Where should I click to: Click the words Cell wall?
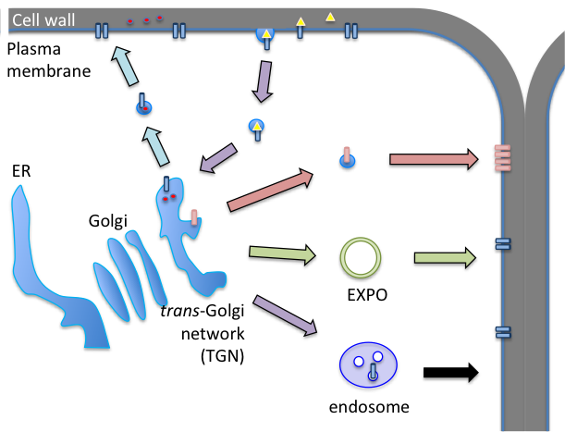click(43, 20)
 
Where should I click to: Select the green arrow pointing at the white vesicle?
click(280, 253)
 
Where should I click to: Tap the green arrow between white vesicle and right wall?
click(444, 257)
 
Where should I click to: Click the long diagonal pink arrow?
click(269, 191)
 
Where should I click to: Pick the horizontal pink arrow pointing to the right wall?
click(433, 159)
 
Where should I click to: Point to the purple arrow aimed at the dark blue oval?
click(284, 315)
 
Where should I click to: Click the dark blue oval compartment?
click(368, 364)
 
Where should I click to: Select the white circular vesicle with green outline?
click(361, 257)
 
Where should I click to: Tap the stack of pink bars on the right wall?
click(502, 157)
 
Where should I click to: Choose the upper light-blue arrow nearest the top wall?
click(125, 67)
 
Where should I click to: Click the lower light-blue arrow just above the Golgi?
click(156, 146)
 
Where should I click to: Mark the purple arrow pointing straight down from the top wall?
click(264, 80)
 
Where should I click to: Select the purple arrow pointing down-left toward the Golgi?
click(218, 157)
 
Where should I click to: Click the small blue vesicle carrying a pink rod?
click(347, 159)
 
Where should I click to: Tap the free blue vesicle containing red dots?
click(143, 106)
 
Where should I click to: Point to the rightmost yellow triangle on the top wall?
click(330, 17)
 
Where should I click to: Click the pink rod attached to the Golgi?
click(194, 216)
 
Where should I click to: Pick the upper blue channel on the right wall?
click(502, 244)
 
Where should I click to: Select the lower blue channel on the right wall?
click(502, 332)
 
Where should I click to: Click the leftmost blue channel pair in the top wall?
click(102, 31)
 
